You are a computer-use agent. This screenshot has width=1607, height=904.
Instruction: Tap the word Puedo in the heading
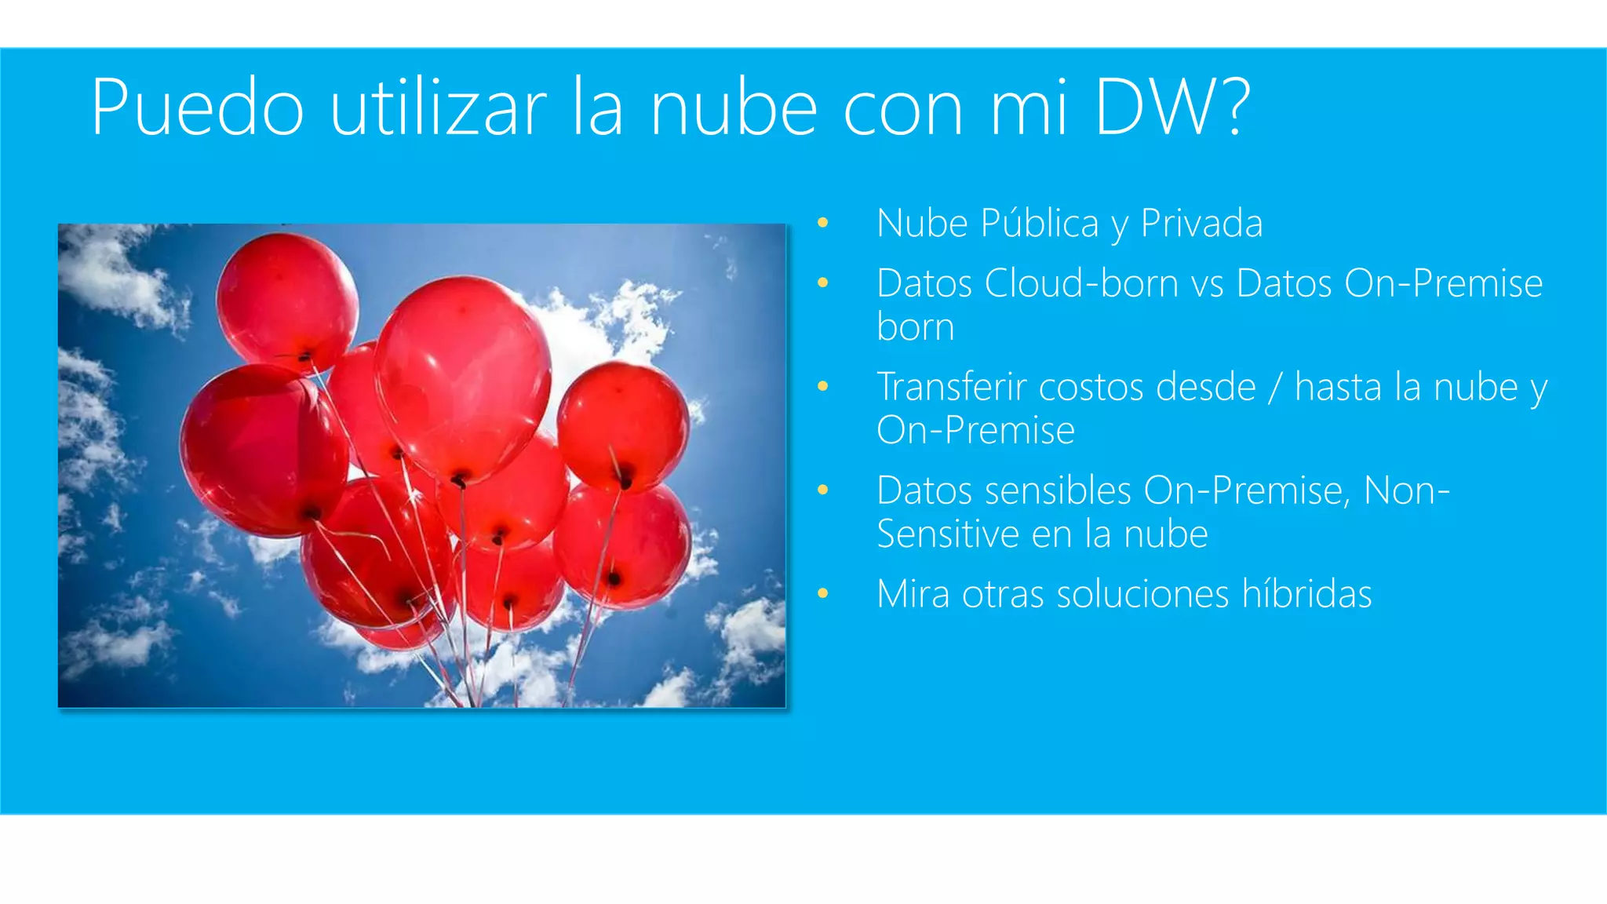[x=197, y=108]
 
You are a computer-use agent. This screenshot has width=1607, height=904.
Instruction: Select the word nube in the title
[x=734, y=108]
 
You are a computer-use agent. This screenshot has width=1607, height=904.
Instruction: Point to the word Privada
[x=1201, y=224]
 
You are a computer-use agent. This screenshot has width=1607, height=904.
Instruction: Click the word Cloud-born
[x=1081, y=283]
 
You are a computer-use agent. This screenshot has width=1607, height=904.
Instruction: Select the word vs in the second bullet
[x=1207, y=283]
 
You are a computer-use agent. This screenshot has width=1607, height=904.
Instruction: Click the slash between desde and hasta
[x=1275, y=387]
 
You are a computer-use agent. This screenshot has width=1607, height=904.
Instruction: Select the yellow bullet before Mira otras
[x=822, y=594]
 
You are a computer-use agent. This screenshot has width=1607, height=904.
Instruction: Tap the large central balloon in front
[x=463, y=377]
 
